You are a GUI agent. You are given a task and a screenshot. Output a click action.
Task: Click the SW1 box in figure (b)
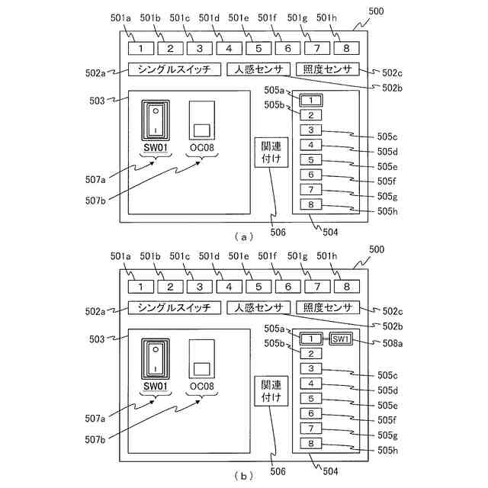(x=340, y=339)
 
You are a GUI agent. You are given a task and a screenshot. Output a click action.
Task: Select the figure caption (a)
(x=243, y=236)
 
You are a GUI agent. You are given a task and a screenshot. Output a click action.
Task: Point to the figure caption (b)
(x=243, y=476)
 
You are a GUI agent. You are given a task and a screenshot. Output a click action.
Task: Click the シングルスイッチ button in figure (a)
(x=174, y=70)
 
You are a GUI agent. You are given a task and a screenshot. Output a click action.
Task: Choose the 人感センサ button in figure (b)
(x=255, y=307)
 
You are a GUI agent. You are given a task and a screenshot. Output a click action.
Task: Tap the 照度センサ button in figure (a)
(x=327, y=70)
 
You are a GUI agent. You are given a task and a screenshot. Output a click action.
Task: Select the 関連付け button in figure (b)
(x=271, y=390)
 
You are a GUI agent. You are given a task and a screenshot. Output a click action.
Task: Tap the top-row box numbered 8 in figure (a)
(x=346, y=48)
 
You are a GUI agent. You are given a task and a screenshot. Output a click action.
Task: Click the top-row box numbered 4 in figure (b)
(x=229, y=287)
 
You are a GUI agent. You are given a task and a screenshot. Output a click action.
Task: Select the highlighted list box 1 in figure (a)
(x=311, y=100)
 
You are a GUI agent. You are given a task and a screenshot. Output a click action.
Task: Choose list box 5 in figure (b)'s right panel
(x=311, y=398)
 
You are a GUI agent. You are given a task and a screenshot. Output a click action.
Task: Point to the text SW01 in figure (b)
(x=156, y=387)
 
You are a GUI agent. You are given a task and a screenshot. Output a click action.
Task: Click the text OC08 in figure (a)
(x=202, y=147)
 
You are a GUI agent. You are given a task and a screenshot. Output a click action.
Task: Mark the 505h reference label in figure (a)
(x=388, y=211)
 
